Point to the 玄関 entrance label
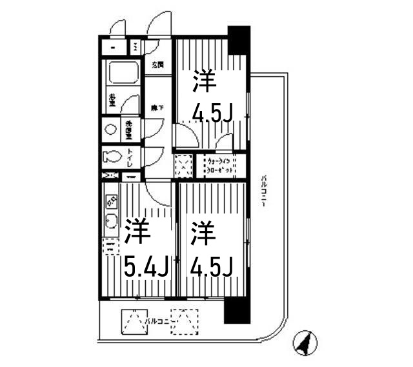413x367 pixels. (x=158, y=64)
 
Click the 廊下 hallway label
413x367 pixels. (x=157, y=108)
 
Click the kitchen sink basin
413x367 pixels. (x=110, y=223)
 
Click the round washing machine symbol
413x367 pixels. (x=111, y=129)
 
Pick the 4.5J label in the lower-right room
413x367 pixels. (x=210, y=264)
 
